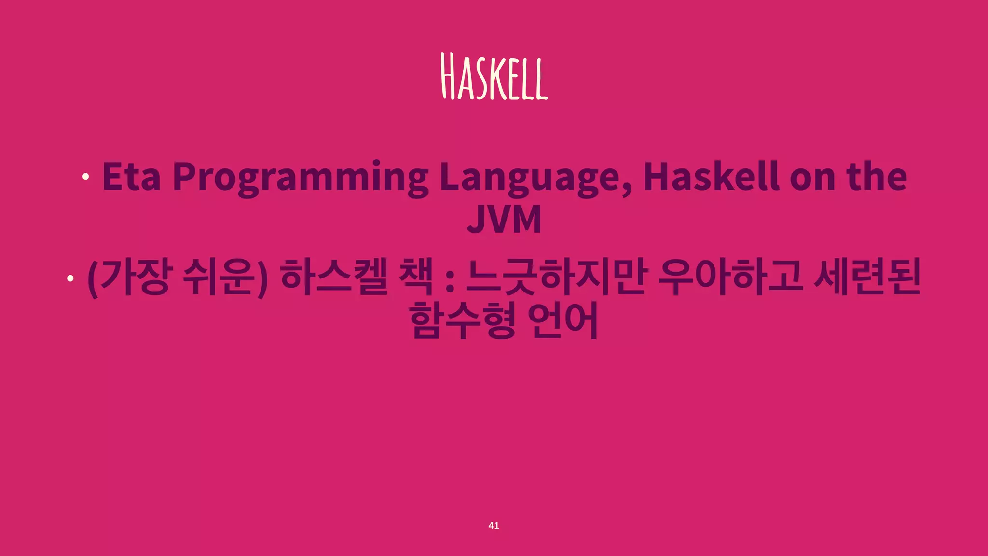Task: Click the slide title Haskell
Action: coord(494,77)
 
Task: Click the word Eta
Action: coord(131,177)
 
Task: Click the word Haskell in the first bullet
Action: coord(711,177)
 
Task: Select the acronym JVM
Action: coord(504,219)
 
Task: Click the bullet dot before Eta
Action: coord(85,177)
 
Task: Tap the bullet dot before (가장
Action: coord(70,278)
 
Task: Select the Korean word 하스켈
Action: coord(334,278)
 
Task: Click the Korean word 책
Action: coord(416,278)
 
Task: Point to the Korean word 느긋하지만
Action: coord(555,278)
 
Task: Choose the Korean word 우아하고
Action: coord(730,278)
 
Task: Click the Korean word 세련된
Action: coord(867,278)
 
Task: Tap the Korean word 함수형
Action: coord(462,320)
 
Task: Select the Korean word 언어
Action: coord(563,320)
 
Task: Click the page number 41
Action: coord(494,526)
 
